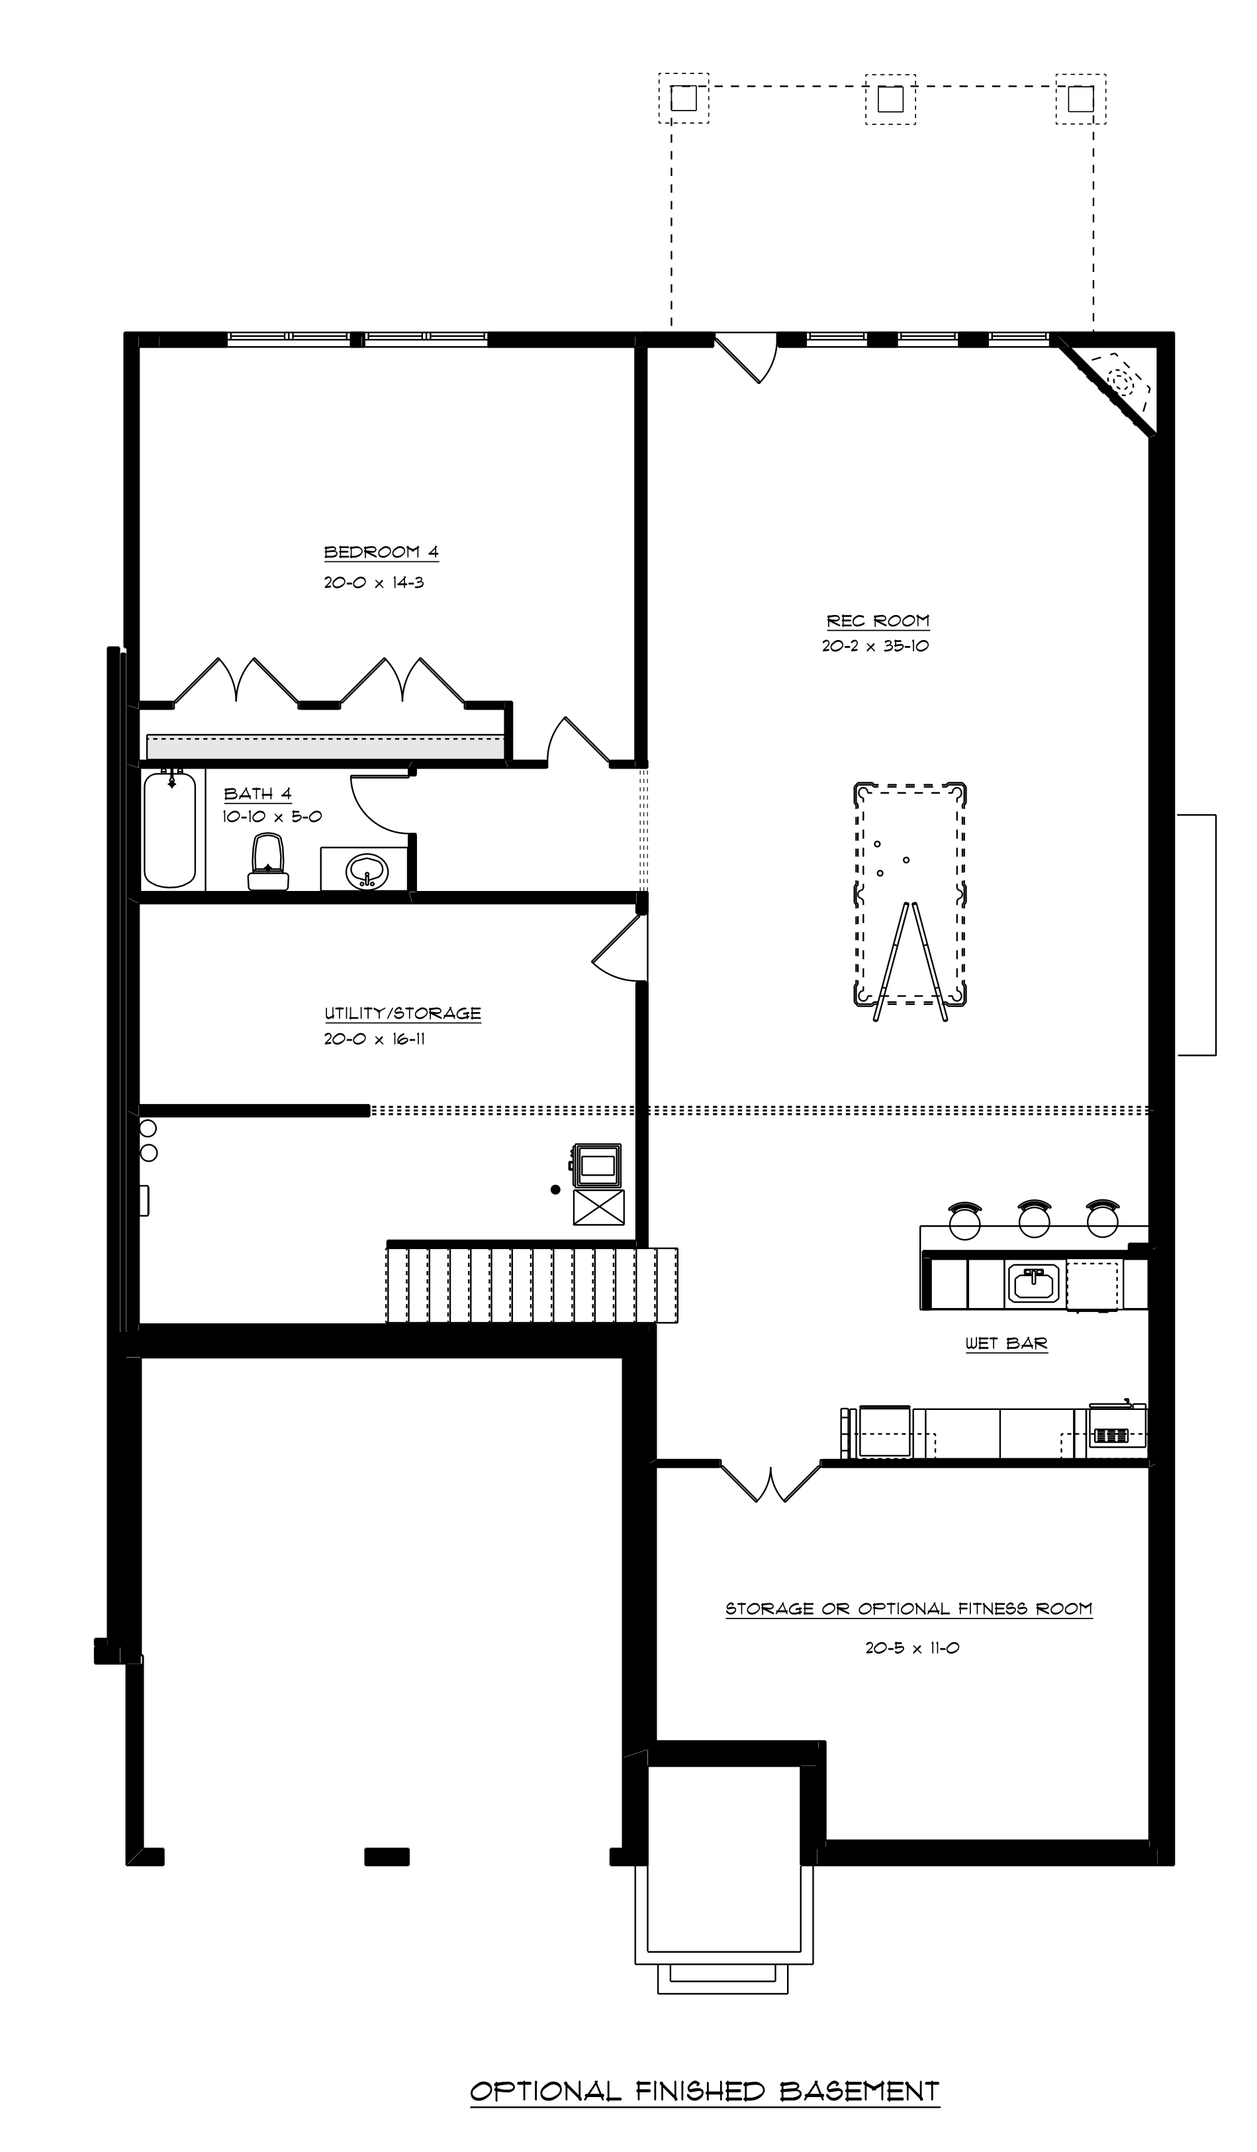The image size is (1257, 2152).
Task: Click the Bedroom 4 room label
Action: pyautogui.click(x=381, y=553)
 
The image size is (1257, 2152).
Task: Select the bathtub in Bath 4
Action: pyautogui.click(x=170, y=827)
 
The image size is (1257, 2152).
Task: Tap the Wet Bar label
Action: pyautogui.click(x=1006, y=1343)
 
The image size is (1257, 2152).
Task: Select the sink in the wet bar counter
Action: pyautogui.click(x=1034, y=1284)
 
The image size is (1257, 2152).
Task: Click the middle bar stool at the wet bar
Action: pyautogui.click(x=1034, y=1219)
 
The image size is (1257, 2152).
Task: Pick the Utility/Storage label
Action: pyautogui.click(x=402, y=1013)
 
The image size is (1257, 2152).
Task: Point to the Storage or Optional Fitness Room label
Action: pyautogui.click(x=909, y=1609)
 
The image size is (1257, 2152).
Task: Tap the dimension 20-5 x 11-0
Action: pyautogui.click(x=912, y=1648)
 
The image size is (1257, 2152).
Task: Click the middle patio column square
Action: pyautogui.click(x=891, y=99)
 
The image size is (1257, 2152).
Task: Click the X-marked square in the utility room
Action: pyautogui.click(x=598, y=1207)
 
